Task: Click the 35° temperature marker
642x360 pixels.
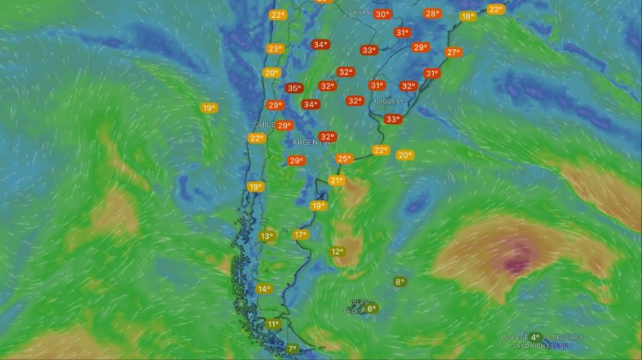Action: pos(293,88)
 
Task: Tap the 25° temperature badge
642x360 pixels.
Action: pos(345,159)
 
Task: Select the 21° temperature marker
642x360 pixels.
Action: pos(337,181)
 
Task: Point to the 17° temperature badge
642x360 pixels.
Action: pos(300,235)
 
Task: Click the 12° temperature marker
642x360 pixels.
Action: pos(337,252)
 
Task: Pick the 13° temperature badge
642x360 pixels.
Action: pos(267,236)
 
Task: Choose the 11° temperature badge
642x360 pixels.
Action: pos(272,324)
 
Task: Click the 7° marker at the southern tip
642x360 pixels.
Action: pos(292,349)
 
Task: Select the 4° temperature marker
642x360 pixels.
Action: pos(535,337)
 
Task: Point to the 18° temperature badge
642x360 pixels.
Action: pos(468,16)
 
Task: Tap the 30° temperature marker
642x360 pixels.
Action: pos(383,14)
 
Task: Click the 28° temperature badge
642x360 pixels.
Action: pos(432,14)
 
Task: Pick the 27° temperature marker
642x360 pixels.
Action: pos(453,52)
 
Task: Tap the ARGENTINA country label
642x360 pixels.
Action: pos(313,143)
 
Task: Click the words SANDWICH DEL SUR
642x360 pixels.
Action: pos(543,346)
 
